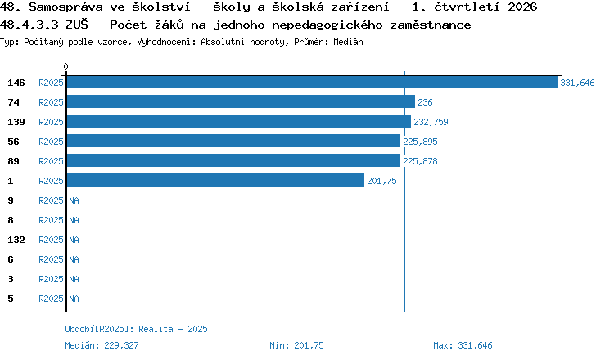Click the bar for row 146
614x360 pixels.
click(312, 82)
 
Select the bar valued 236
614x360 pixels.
click(241, 101)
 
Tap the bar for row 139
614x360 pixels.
click(239, 121)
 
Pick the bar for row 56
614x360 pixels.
click(233, 141)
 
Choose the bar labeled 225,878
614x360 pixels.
click(233, 160)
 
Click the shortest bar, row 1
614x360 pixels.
click(215, 180)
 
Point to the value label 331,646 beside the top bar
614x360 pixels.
click(577, 83)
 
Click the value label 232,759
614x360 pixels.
click(431, 122)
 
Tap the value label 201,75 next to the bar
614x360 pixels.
click(381, 181)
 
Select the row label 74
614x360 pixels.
click(13, 102)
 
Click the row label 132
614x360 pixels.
click(16, 240)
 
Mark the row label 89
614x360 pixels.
click(13, 161)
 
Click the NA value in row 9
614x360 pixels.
click(74, 200)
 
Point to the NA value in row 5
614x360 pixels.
click(74, 299)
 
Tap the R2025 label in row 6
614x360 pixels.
click(51, 259)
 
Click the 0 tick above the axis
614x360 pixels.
click(65, 66)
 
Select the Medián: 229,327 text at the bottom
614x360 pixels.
click(102, 345)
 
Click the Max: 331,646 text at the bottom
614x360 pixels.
click(463, 345)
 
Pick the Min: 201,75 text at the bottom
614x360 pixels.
click(297, 345)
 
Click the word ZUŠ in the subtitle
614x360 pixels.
click(77, 25)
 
